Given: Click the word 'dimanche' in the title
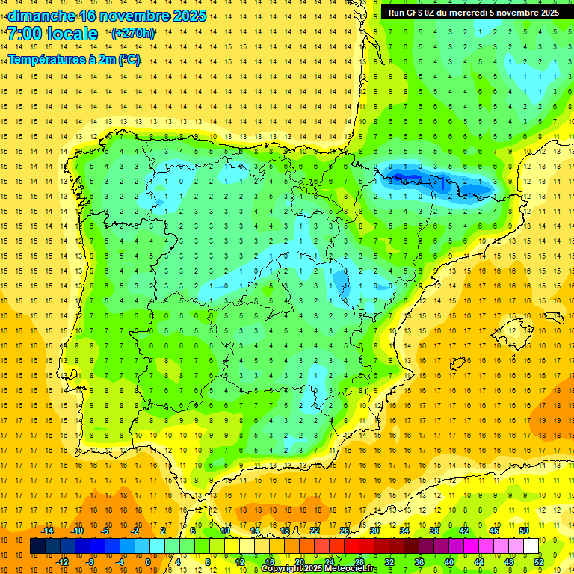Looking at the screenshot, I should pos(42,16).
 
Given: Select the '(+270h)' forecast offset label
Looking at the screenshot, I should pos(133,34).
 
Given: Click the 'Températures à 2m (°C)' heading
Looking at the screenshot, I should pos(74,60).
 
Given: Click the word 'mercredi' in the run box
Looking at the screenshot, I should pos(490,13).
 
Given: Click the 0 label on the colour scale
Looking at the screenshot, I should pos(148,562).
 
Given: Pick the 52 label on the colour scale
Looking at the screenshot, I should pos(540,562).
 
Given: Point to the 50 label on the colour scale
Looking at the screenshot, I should pos(524,531).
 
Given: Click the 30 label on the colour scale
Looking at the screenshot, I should pos(374,531).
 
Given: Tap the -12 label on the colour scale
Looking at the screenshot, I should pos(62,562).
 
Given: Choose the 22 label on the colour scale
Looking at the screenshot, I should pos(315,531).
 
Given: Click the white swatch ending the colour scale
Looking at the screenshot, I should pos(531,546).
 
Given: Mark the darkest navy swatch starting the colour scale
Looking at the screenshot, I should pos(37,546).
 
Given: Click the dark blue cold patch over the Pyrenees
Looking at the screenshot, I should pos(407,178).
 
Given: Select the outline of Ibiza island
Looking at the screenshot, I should pos(458,364).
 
